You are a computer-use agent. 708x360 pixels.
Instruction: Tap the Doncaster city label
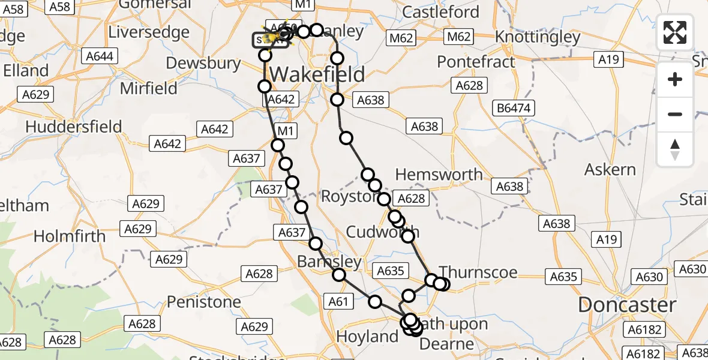click(627, 305)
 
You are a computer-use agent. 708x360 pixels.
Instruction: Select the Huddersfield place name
click(74, 127)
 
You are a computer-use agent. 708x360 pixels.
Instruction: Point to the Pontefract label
click(476, 62)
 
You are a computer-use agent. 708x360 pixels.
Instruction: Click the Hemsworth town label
click(439, 175)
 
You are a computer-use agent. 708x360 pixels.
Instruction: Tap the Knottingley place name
click(538, 37)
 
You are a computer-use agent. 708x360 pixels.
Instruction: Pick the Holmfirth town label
click(70, 236)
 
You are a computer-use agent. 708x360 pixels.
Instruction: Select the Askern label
click(610, 170)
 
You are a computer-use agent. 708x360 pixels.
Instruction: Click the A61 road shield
click(338, 302)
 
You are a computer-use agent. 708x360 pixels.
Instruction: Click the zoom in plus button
click(675, 79)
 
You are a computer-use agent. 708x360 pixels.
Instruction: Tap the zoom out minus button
click(675, 114)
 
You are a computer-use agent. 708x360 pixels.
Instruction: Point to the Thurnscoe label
click(478, 272)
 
